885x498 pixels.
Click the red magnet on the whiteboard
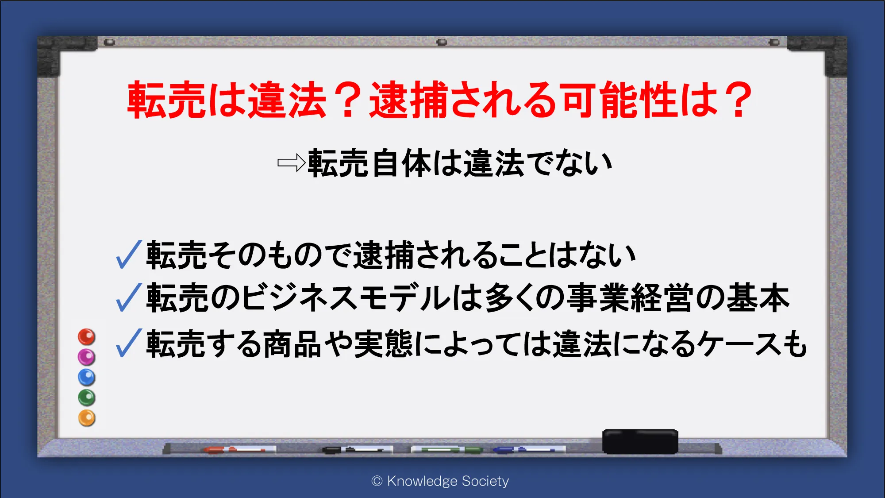(x=87, y=337)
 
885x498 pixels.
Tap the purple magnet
(x=86, y=357)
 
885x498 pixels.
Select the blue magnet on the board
(x=87, y=377)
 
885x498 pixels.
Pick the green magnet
(x=87, y=398)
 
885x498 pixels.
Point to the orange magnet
(x=87, y=418)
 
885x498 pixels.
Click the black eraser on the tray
(x=640, y=441)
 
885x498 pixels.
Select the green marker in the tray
(x=447, y=450)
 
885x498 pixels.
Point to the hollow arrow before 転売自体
(x=291, y=163)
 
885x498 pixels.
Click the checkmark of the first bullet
(x=129, y=255)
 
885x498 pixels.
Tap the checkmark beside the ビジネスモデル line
(x=129, y=297)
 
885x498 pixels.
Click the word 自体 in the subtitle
(x=402, y=163)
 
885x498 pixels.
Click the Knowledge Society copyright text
(x=440, y=481)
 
